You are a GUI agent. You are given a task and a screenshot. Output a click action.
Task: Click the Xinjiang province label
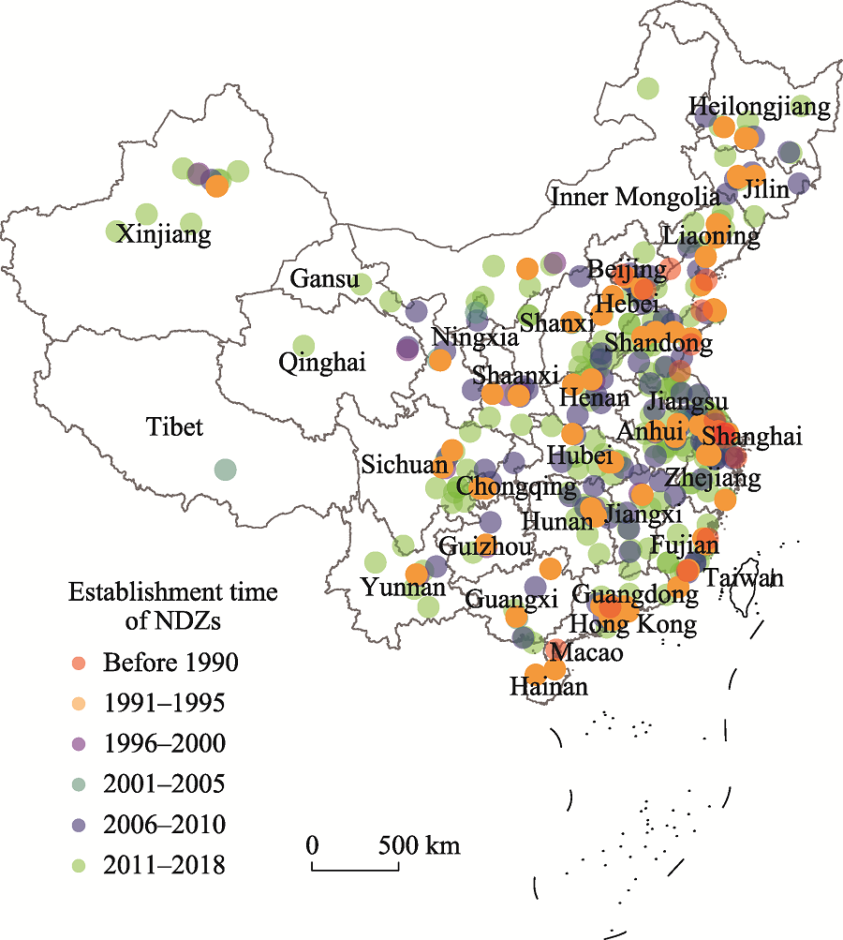164,233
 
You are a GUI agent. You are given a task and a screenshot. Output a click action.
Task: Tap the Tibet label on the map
174,427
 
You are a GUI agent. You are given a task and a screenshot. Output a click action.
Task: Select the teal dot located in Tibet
224,469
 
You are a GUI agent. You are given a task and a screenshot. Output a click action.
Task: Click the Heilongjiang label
759,107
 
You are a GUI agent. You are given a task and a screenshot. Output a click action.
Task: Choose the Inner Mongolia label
635,197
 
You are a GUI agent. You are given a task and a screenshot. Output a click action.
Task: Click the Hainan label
549,687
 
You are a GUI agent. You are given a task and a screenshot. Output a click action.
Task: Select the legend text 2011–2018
164,864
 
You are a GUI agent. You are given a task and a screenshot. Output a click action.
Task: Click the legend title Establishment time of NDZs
172,605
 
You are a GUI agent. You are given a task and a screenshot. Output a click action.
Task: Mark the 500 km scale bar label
419,845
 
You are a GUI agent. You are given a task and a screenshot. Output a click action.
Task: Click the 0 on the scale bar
312,845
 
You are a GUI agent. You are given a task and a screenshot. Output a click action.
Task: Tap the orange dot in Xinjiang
216,186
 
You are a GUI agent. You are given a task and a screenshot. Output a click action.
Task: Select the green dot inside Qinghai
303,346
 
